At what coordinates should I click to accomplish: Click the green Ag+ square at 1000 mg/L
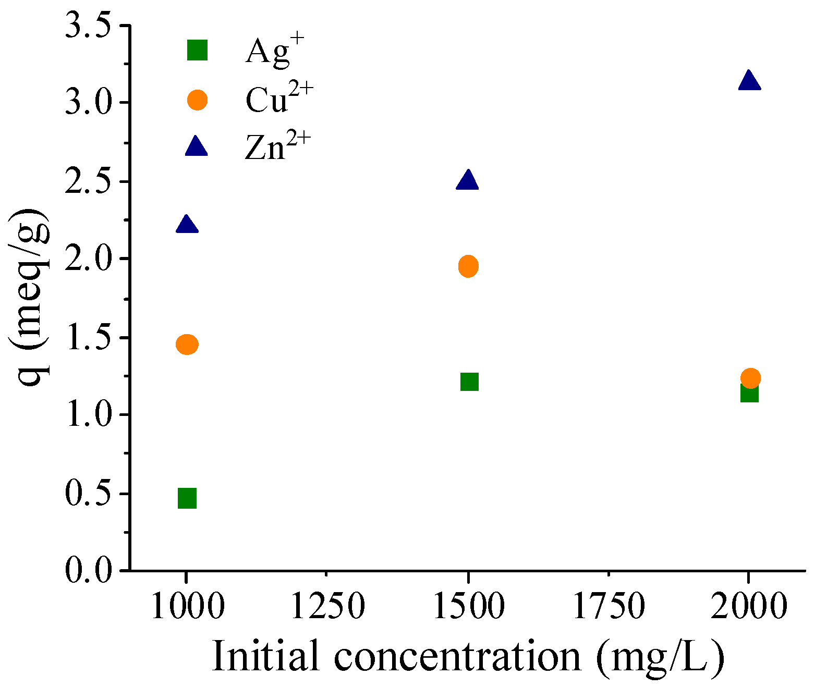click(187, 498)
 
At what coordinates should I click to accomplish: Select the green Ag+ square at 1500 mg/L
click(469, 382)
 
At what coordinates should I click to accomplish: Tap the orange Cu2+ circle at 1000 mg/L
click(187, 345)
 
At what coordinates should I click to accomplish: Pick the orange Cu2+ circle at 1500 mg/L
click(468, 266)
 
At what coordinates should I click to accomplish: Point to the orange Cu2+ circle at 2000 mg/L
click(750, 378)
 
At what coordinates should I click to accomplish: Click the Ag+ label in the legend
click(274, 50)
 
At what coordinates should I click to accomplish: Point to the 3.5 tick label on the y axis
click(89, 26)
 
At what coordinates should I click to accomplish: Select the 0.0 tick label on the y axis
click(89, 570)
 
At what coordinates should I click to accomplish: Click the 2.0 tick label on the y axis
click(89, 259)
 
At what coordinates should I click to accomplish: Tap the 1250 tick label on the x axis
click(327, 606)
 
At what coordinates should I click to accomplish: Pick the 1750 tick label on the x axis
click(609, 606)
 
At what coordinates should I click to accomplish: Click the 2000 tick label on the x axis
click(749, 606)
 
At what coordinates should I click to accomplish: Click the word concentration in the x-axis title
click(457, 656)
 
